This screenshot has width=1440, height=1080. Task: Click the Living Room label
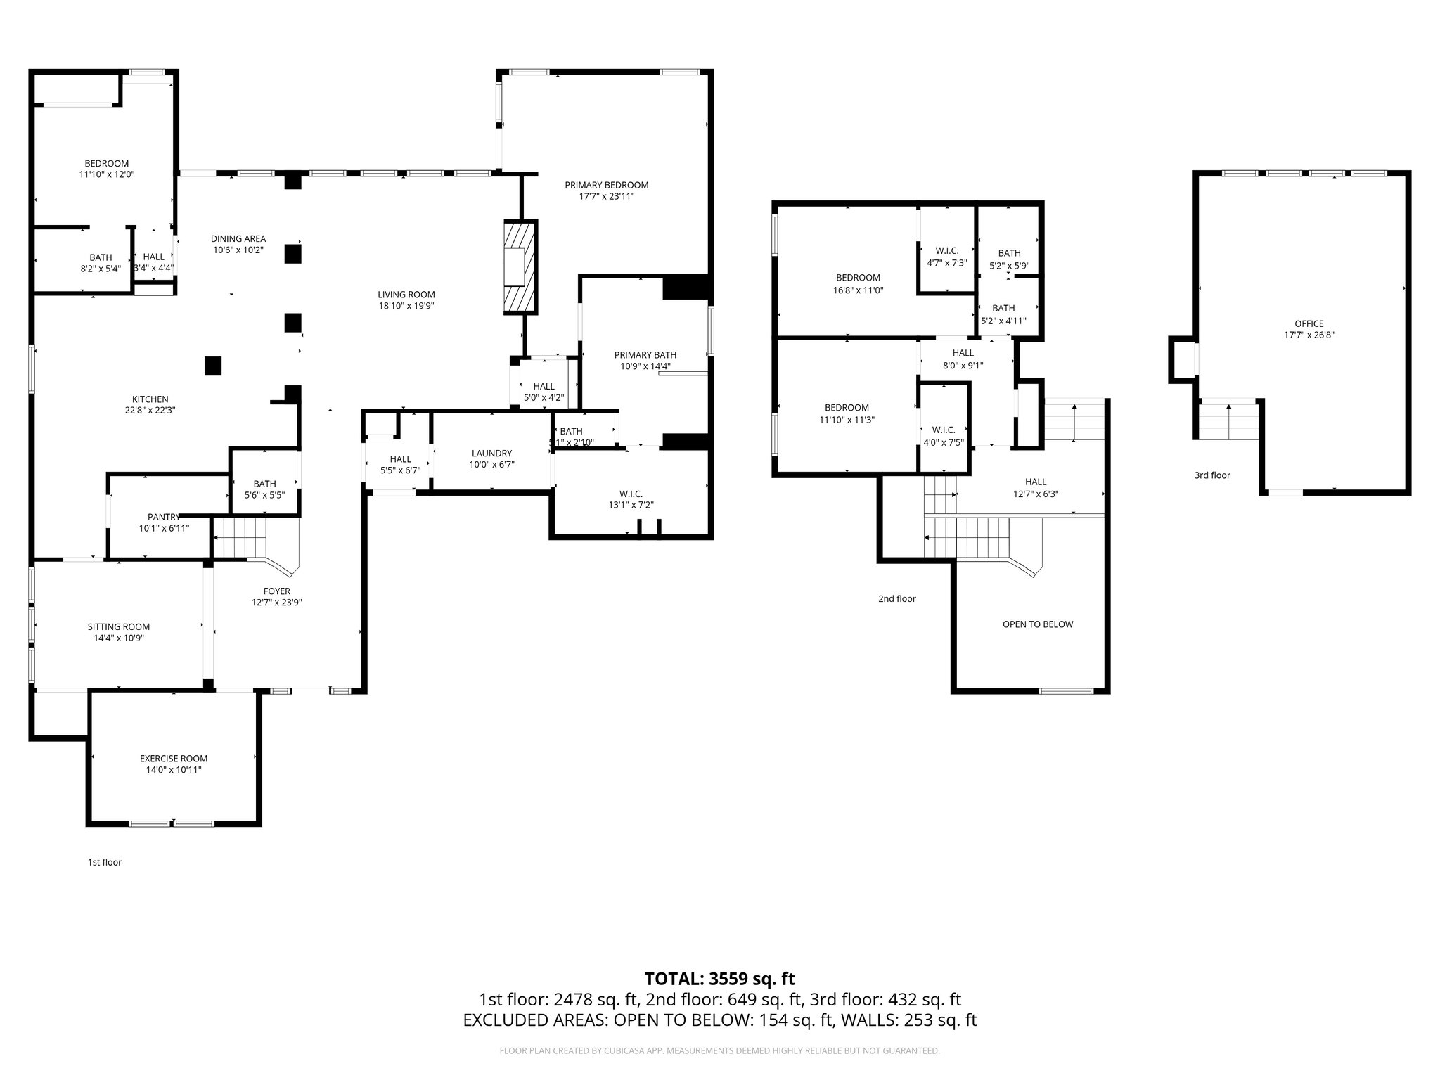click(x=406, y=295)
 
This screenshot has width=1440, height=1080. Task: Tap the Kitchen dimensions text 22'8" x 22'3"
click(x=150, y=411)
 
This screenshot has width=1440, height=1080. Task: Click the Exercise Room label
click(x=174, y=759)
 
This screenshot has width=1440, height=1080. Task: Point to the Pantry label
click(x=164, y=517)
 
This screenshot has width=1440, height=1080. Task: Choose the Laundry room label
click(x=491, y=454)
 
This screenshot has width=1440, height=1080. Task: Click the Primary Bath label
click(x=645, y=355)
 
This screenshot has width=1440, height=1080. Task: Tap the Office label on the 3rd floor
click(x=1309, y=324)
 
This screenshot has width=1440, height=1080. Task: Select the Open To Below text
click(x=1037, y=624)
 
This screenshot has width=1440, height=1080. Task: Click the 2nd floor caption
click(x=896, y=599)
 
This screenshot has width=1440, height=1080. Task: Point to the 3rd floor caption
click(x=1211, y=475)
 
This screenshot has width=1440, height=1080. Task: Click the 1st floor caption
click(x=104, y=862)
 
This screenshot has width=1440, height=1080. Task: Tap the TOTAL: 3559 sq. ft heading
click(x=719, y=979)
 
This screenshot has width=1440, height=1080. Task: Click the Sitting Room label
click(x=118, y=627)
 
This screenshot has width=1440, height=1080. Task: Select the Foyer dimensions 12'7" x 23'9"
click(x=276, y=603)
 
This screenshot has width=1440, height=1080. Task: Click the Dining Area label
click(x=238, y=239)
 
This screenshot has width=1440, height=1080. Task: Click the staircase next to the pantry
click(x=240, y=537)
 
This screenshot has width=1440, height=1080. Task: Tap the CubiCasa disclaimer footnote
click(x=719, y=1051)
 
